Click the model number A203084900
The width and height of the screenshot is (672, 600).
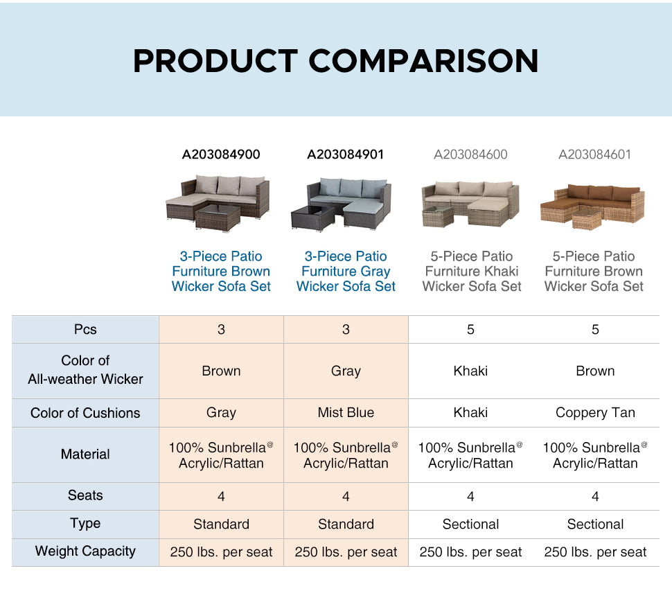point(221,155)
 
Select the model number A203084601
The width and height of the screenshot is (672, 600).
point(595,155)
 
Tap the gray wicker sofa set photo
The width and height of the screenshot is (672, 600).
point(342,204)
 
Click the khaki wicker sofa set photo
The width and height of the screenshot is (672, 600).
point(470,204)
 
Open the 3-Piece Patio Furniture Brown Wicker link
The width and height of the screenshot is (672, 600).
point(221,272)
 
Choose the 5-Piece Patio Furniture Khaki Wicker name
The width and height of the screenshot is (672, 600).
point(471,272)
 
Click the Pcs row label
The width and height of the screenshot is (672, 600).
point(85,330)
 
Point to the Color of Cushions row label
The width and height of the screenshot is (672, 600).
point(85,413)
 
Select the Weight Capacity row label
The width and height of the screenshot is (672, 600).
point(85,551)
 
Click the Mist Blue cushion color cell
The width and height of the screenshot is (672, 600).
point(346,412)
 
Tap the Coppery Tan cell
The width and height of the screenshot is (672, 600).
point(595,413)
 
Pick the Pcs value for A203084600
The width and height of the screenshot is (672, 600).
point(470,330)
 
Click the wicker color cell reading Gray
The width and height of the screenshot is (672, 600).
point(346,371)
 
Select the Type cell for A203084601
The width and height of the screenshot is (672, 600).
point(595,524)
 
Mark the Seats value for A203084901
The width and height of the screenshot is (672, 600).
point(346,496)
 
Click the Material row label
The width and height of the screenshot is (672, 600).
point(85,455)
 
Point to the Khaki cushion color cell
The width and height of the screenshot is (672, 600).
point(470,413)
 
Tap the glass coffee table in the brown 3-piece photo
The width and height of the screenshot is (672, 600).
point(218,217)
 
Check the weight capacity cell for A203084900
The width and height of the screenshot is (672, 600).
point(221,552)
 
